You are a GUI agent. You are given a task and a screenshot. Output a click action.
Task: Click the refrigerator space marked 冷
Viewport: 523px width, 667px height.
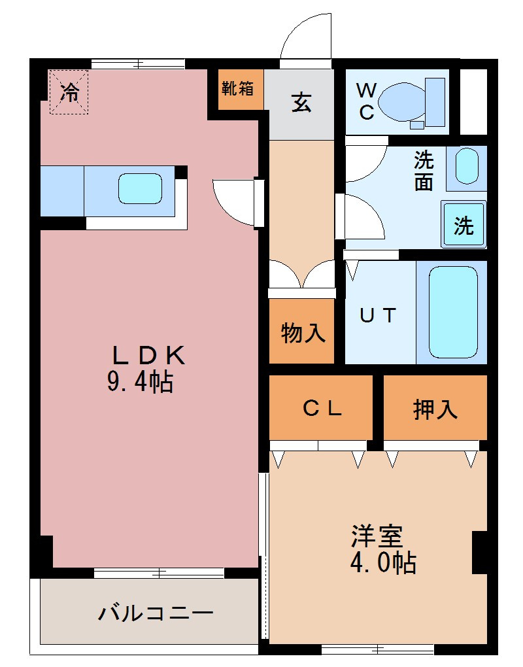pos(69,92)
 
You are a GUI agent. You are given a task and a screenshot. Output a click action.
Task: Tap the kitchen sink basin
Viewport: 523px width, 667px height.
pos(140,188)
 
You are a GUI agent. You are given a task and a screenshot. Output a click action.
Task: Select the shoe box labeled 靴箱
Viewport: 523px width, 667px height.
pos(237,89)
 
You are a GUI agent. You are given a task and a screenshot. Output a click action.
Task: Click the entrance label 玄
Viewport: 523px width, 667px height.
pos(301,103)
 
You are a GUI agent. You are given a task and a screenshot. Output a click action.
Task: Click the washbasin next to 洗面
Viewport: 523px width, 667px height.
pos(467,166)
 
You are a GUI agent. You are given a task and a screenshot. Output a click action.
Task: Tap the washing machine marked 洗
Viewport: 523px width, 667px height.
pos(464,224)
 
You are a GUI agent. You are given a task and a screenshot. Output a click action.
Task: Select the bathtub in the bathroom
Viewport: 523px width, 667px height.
pos(453,312)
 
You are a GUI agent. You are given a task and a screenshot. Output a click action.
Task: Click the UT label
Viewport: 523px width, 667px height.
pos(378,316)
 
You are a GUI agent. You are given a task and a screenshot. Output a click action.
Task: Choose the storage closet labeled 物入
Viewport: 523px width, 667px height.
pos(301,331)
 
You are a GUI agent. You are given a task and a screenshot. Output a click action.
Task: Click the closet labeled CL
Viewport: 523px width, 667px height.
pos(321,407)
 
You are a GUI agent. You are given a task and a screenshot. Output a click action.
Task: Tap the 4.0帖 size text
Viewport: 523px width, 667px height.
pos(382,563)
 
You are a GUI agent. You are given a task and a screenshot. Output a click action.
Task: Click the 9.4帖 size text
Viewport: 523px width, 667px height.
pos(140,381)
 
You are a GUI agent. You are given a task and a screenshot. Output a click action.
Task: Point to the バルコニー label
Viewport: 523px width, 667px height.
pos(156,613)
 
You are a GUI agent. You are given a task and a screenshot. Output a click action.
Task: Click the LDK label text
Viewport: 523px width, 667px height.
pos(148,355)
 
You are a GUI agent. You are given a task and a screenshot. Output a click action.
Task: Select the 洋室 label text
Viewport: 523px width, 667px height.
pos(377,536)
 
